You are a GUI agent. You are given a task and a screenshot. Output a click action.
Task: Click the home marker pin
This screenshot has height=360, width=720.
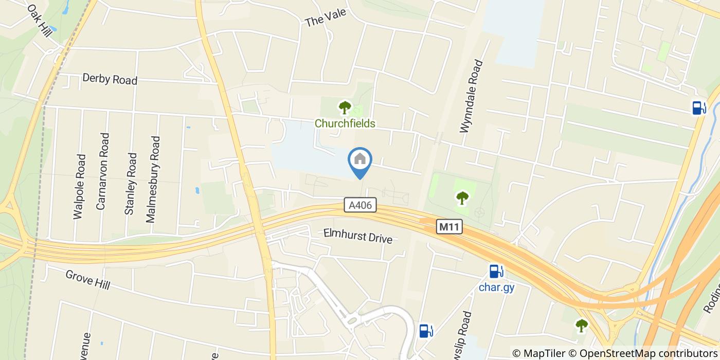[x=360, y=160]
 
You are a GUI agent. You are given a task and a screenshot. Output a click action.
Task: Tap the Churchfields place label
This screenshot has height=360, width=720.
[x=345, y=123]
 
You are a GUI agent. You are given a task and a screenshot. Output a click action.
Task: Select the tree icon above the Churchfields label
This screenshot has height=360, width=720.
[x=345, y=107]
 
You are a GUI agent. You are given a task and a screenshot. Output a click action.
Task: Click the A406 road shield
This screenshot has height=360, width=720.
[x=361, y=206]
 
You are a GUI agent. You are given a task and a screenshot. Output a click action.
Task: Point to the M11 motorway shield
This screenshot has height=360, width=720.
[x=450, y=226]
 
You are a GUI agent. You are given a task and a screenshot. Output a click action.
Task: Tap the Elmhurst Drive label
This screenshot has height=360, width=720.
[x=358, y=236]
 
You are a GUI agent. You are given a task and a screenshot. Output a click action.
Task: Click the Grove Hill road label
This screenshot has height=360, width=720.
[x=87, y=279]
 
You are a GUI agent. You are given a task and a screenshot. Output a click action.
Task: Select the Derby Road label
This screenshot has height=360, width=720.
[x=110, y=80]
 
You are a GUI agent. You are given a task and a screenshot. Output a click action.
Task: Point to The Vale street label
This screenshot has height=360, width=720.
[x=326, y=18]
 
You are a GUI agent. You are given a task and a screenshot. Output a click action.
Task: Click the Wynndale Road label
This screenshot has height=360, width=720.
[x=472, y=97]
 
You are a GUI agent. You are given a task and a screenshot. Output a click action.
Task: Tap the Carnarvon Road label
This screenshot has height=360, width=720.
[x=103, y=171]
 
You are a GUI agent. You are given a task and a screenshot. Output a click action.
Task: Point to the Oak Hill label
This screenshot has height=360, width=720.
[x=40, y=21]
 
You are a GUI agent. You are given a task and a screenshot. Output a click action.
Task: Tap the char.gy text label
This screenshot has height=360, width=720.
[x=496, y=287]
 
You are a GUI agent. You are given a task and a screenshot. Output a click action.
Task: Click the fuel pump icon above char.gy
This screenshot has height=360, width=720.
[x=496, y=271]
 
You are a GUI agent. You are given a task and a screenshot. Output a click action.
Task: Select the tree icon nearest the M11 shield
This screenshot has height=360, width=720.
[x=462, y=197]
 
